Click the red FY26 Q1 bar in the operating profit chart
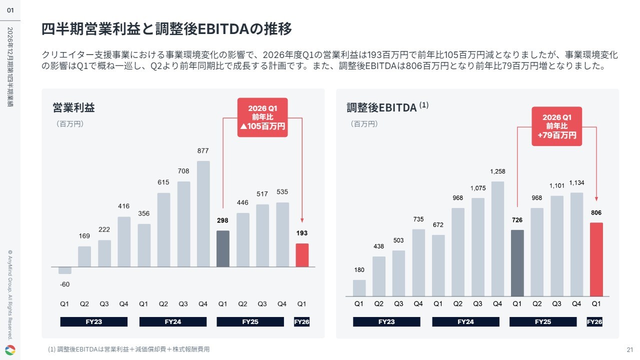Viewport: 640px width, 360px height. [302, 255]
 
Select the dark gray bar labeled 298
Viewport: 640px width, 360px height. [223, 248]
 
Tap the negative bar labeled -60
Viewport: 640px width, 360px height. [65, 270]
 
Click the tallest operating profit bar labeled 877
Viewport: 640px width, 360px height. [203, 213]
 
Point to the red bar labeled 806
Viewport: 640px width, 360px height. [596, 259]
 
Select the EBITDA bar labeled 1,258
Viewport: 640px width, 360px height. [497, 239]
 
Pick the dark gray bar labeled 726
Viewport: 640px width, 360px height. [517, 263]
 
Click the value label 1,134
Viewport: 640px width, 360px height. [576, 183]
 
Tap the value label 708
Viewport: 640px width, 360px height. [183, 171]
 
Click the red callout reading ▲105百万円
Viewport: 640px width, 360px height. [262, 117]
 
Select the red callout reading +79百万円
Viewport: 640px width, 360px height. [557, 126]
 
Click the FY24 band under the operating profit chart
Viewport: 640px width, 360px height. [173, 321]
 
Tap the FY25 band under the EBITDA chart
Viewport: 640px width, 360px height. [543, 321]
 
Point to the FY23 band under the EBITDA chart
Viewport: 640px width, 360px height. [386, 321]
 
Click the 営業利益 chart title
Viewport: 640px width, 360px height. [73, 107]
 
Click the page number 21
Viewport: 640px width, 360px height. [630, 349]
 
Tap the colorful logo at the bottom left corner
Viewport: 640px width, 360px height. [10, 350]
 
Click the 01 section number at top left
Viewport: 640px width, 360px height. [10, 10]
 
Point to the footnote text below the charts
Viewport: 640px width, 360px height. [129, 349]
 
